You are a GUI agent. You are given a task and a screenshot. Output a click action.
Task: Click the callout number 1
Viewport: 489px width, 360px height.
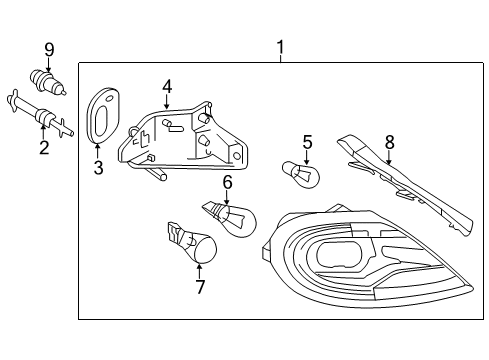tap(281, 47)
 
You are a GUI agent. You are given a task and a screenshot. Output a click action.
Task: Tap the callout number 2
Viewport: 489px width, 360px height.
tap(44, 147)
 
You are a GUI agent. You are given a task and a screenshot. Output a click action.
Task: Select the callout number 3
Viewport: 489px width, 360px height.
tap(98, 168)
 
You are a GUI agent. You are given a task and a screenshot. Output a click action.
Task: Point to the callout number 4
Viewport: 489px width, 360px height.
tap(167, 87)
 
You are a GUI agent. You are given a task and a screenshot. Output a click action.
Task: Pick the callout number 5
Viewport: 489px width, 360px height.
tap(308, 142)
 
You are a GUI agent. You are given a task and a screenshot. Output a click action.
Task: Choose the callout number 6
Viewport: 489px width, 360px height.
tap(227, 182)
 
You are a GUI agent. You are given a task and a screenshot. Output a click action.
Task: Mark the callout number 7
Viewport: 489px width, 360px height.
tap(200, 287)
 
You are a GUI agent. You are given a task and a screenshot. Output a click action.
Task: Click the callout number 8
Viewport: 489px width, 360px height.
tap(389, 142)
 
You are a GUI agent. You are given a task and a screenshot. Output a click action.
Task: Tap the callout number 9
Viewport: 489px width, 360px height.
tap(49, 50)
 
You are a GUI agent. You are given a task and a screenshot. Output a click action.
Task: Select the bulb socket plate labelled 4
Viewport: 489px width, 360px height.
tap(183, 137)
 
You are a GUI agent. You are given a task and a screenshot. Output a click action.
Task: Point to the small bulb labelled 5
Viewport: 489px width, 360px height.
tap(301, 174)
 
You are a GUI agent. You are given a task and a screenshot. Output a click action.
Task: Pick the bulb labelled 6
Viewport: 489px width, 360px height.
tap(230, 218)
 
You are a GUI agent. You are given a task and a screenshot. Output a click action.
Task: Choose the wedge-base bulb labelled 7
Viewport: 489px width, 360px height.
tap(193, 243)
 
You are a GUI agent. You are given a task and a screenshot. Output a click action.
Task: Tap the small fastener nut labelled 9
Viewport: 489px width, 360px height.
tap(47, 82)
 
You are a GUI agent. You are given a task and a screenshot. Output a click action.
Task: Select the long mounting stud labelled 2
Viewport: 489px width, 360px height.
tap(40, 115)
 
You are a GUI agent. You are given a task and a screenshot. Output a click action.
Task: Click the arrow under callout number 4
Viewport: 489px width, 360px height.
tap(167, 102)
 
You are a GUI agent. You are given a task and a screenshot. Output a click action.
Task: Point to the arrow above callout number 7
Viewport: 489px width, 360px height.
tap(200, 271)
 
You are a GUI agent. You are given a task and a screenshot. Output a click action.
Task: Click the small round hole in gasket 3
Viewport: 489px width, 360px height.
tap(109, 98)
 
